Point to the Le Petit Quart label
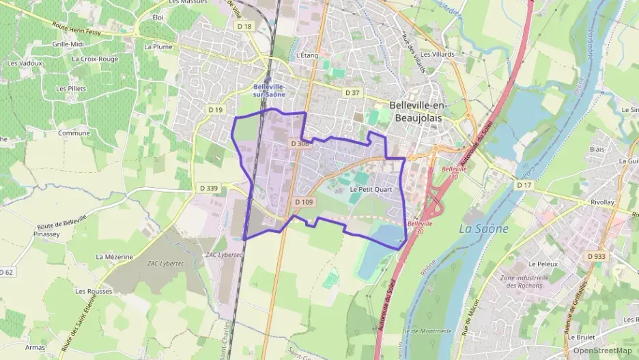pyautogui.click(x=371, y=189)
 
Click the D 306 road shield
pyautogui.click(x=300, y=143)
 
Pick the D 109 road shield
pyautogui.click(x=304, y=202)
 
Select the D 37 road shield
pyautogui.click(x=352, y=92)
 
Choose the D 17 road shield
pyautogui.click(x=524, y=185)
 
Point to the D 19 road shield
pyautogui.click(x=215, y=109)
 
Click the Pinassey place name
pyautogui.click(x=46, y=233)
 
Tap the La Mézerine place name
pyautogui.click(x=114, y=257)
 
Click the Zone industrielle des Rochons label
pyautogui.click(x=524, y=281)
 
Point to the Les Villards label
pyautogui.click(x=437, y=55)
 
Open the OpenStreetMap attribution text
pyautogui.click(x=602, y=350)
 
